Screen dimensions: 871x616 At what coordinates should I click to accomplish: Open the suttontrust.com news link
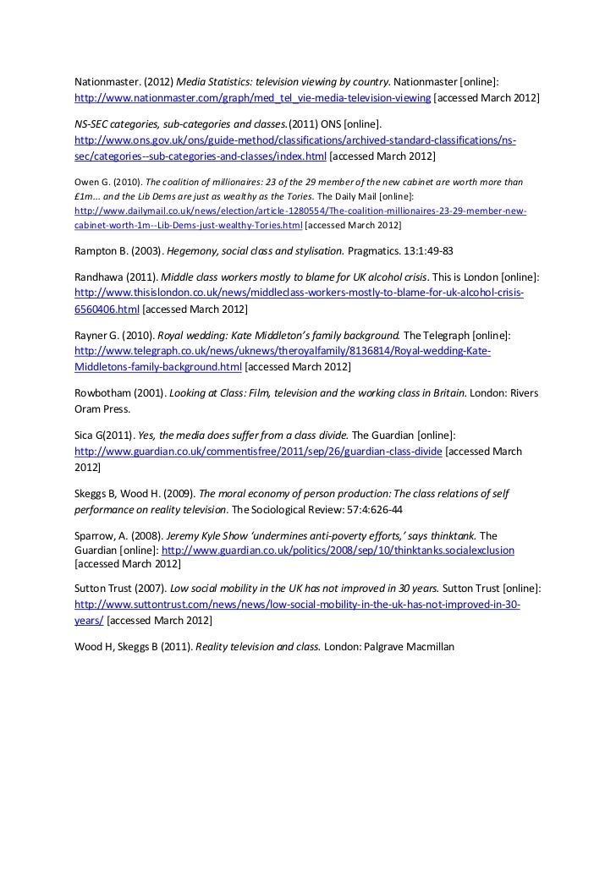[297, 605]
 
